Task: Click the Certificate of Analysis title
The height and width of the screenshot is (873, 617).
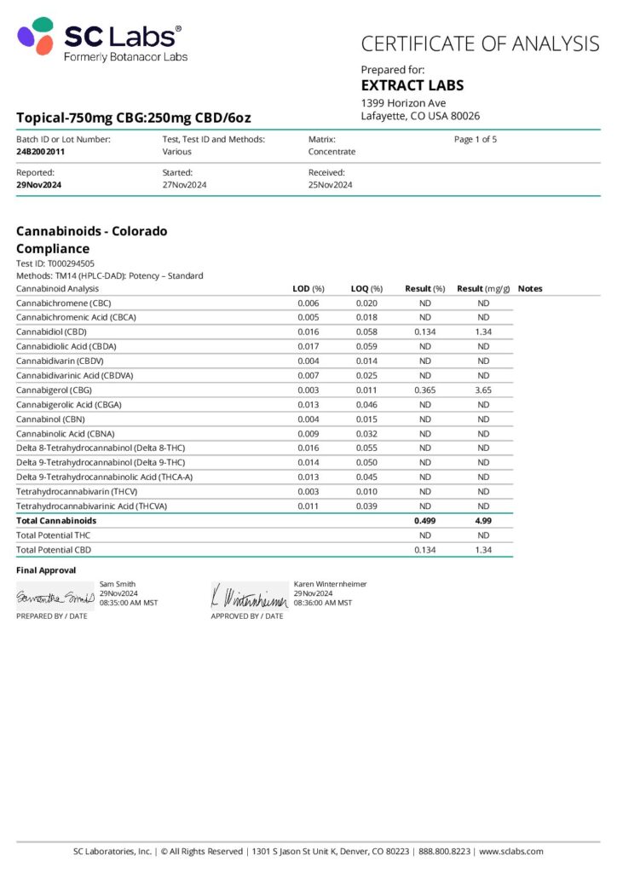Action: tap(480, 43)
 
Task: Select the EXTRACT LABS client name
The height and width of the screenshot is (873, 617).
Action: tap(412, 85)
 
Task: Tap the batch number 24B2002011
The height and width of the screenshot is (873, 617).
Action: tap(40, 152)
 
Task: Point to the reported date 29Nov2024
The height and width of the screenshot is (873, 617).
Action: tap(38, 185)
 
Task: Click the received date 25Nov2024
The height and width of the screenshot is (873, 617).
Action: tap(330, 185)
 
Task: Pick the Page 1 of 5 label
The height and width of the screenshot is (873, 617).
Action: tap(476, 139)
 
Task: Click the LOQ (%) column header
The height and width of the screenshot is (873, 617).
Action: tap(366, 289)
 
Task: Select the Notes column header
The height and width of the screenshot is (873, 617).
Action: tap(529, 289)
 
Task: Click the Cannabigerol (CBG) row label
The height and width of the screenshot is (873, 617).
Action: tap(54, 390)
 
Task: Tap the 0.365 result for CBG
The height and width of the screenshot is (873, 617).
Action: tap(425, 390)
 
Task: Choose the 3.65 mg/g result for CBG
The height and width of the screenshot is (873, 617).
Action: tap(483, 390)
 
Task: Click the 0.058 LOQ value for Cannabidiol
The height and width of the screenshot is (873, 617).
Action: tap(366, 332)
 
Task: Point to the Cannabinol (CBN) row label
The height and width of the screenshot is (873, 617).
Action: tap(51, 419)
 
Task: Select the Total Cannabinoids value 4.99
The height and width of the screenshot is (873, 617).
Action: tap(483, 520)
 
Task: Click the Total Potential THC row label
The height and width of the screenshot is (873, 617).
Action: tap(53, 535)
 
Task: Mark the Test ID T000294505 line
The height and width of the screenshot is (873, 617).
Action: tap(55, 263)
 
